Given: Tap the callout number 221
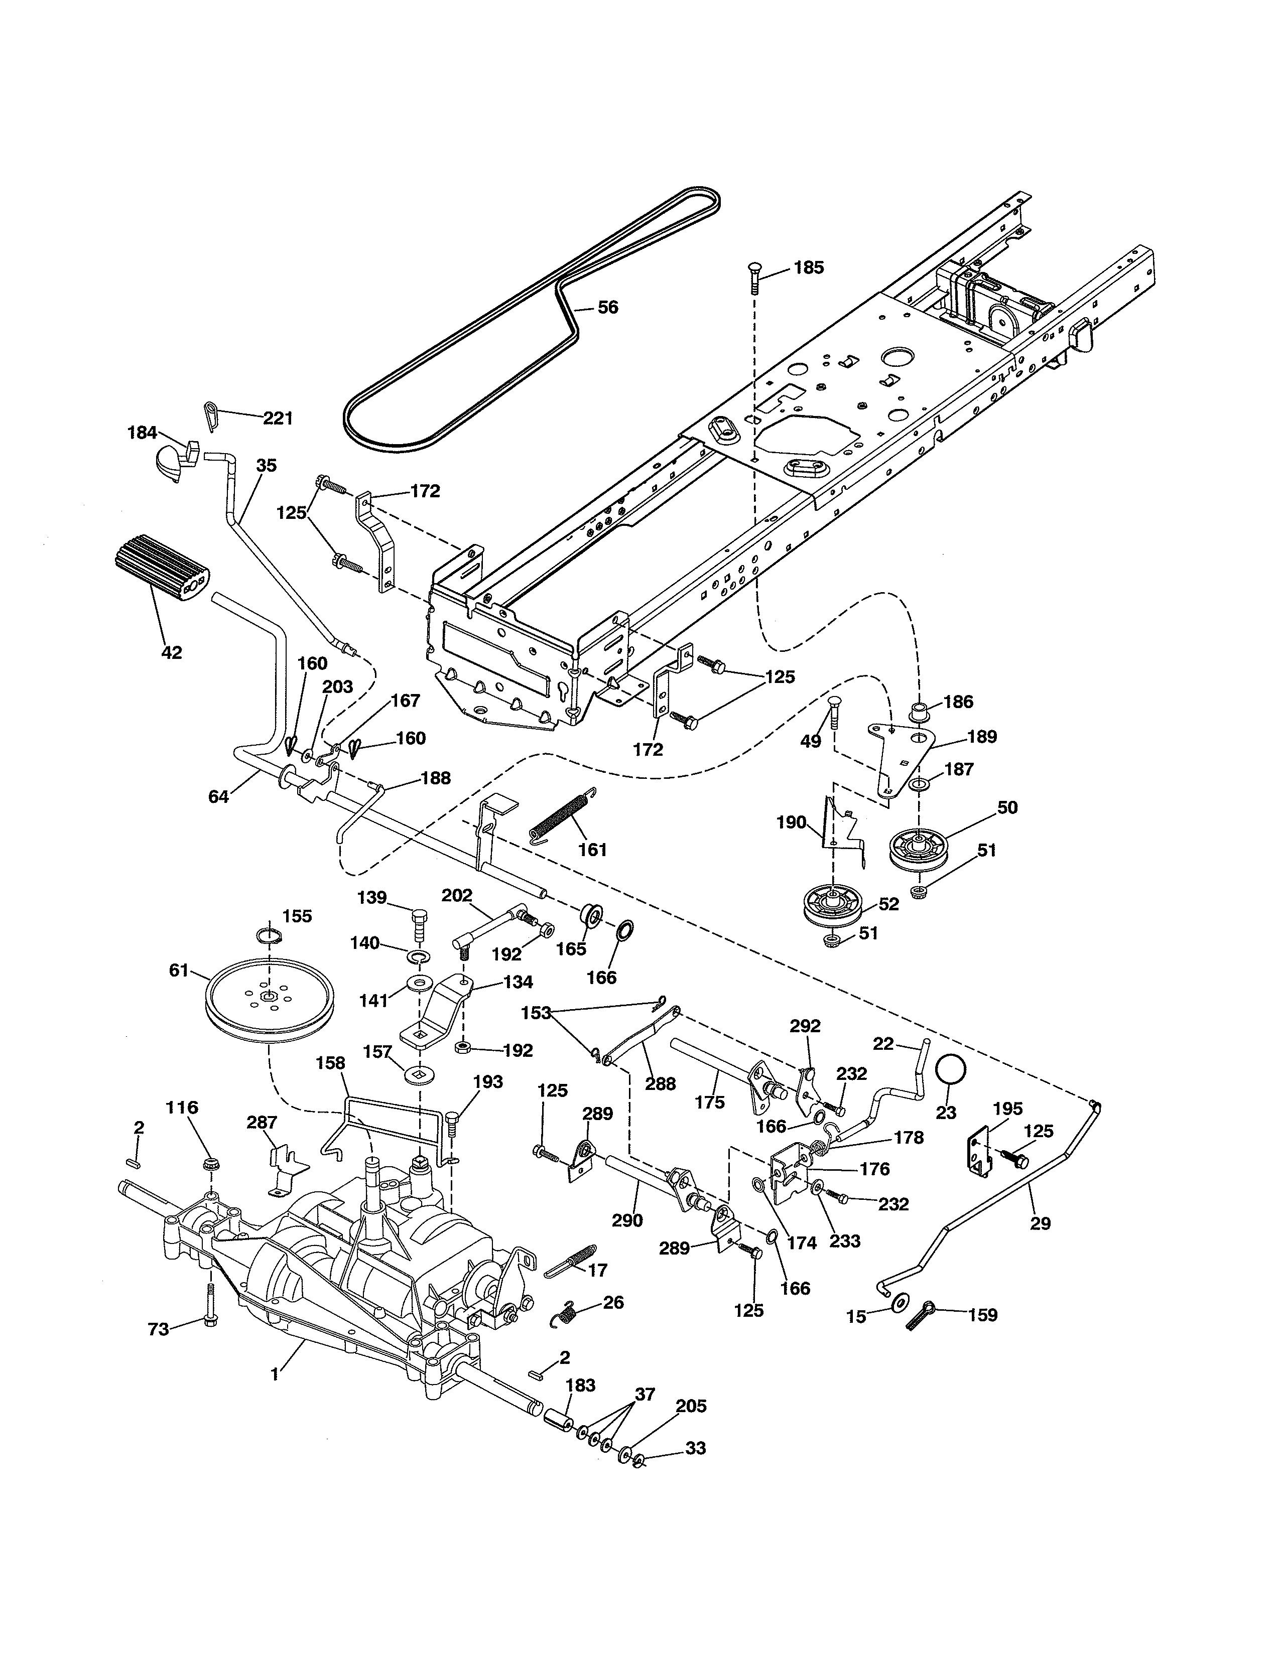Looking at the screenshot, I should [x=278, y=419].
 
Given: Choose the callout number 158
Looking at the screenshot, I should [x=331, y=1064].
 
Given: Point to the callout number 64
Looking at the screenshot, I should [x=218, y=797].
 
